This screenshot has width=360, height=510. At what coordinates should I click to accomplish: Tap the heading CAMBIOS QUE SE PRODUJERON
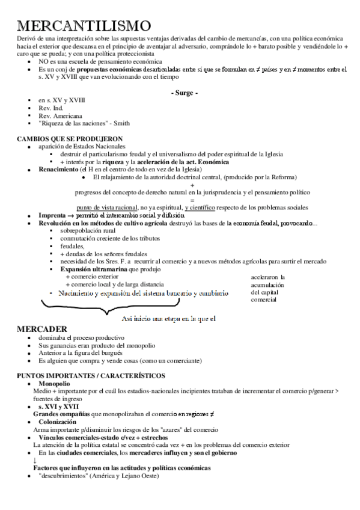coord(71,139)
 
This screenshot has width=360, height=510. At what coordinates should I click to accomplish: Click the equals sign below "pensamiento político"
coord(192,200)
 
